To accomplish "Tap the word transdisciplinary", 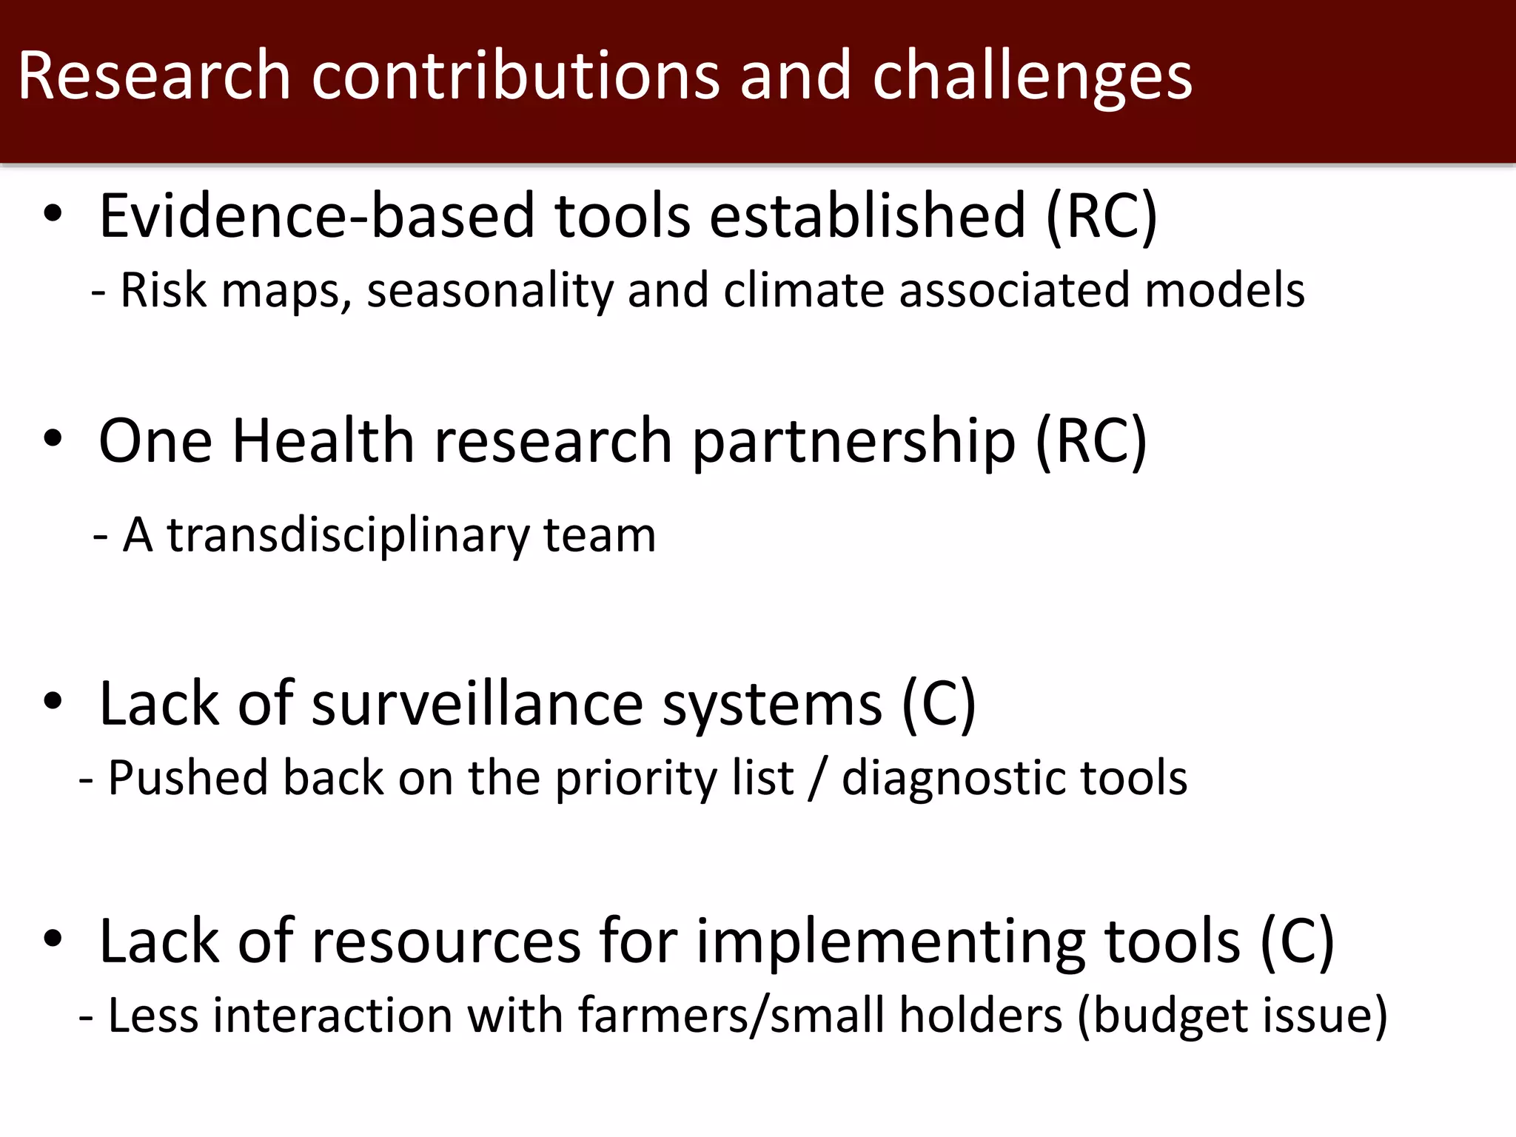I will pos(348,536).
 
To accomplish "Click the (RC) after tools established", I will pos(1101,217).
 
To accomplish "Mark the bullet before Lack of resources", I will pos(53,939).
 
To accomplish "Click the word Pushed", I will pos(188,778).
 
